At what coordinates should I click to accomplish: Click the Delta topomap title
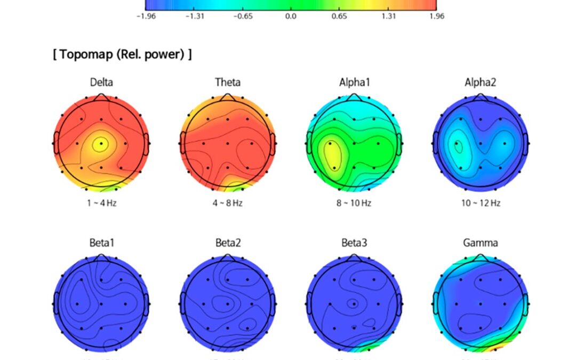pos(101,82)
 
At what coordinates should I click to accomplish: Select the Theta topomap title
pos(228,82)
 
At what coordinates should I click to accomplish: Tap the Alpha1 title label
pos(354,82)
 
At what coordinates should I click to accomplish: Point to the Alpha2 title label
pos(481,82)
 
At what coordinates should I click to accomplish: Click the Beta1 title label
pos(101,243)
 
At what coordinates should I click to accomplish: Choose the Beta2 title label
pos(228,243)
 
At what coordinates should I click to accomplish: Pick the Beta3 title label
pos(354,243)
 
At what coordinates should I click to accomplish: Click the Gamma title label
pos(481,243)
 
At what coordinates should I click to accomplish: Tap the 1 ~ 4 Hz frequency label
pos(101,203)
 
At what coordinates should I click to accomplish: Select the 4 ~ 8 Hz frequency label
pos(228,203)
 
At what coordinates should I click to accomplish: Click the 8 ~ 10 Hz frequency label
pos(354,203)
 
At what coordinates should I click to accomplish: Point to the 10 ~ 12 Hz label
pos(481,203)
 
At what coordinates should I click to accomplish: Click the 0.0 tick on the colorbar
pos(291,16)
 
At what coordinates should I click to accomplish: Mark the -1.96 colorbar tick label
pos(146,16)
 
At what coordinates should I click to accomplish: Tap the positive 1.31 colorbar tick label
pos(388,16)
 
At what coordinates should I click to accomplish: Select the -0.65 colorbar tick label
pos(243,16)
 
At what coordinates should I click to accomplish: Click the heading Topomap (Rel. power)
pos(122,54)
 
